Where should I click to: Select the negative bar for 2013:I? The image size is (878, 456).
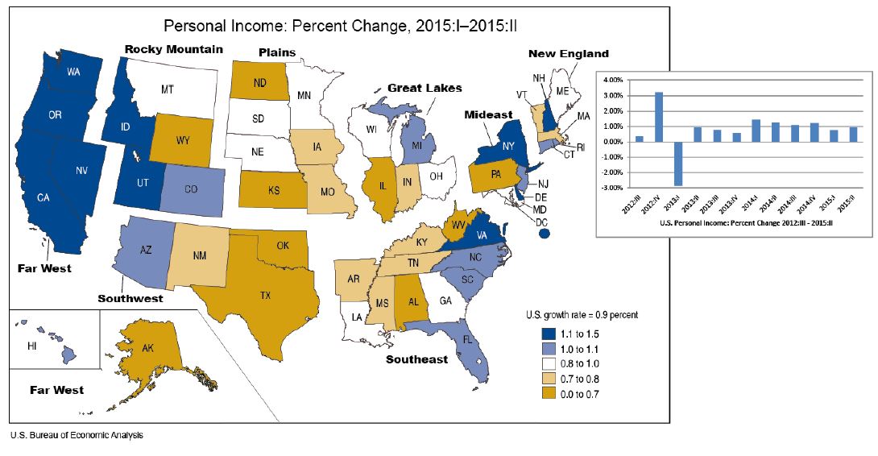(679, 164)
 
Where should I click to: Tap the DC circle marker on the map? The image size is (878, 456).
(544, 234)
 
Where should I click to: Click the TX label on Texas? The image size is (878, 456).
(265, 296)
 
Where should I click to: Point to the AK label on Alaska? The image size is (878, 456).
(147, 350)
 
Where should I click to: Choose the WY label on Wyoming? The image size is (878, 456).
(183, 140)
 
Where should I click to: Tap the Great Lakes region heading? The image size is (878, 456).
(425, 88)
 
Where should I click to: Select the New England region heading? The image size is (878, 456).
(568, 54)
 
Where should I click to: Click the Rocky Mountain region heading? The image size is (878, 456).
(173, 49)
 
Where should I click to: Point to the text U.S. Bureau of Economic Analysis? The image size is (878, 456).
(77, 436)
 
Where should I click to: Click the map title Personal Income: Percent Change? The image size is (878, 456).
(339, 25)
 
